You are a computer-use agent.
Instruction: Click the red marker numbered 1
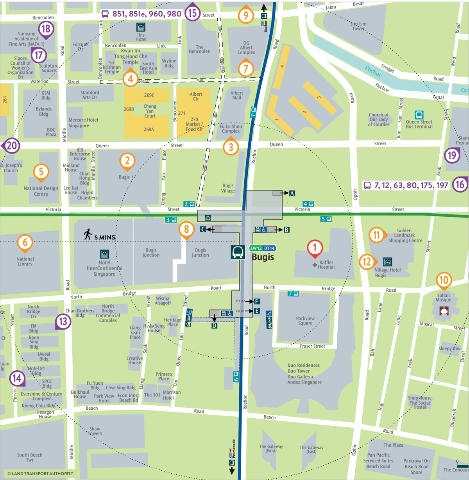(315, 248)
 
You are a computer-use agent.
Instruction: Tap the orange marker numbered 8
(186, 229)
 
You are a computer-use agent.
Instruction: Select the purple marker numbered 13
(63, 321)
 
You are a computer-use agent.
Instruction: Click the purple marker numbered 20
(12, 146)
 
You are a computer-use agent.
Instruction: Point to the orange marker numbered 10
(444, 280)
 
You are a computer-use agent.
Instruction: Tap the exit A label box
(292, 193)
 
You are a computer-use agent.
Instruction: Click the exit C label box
(203, 229)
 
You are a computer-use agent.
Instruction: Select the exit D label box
(214, 326)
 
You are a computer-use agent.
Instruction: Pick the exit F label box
(257, 302)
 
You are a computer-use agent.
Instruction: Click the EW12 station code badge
(256, 248)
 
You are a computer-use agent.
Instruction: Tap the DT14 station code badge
(269, 248)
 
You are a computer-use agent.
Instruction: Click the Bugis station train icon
(238, 252)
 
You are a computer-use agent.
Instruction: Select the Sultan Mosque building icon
(444, 311)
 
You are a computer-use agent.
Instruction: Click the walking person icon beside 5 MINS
(88, 234)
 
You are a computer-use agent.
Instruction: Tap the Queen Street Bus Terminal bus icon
(419, 115)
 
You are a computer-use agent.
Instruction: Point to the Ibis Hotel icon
(141, 27)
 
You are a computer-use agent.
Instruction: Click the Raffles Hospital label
(326, 265)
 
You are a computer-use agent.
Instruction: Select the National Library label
(25, 262)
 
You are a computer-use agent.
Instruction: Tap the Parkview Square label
(305, 321)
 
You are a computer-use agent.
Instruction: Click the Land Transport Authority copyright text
(40, 473)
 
